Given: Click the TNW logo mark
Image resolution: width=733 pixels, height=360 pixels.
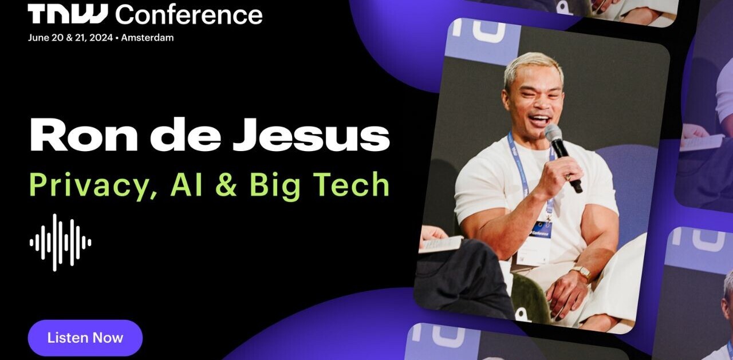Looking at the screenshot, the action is [x=68, y=14].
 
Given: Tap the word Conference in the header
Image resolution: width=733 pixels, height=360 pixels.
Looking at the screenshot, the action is [x=189, y=15].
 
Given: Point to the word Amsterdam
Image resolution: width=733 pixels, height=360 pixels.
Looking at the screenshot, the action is [x=147, y=38].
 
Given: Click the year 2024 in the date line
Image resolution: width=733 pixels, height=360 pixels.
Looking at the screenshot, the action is [x=101, y=38].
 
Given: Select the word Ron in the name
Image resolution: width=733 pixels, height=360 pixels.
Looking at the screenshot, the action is [x=84, y=134].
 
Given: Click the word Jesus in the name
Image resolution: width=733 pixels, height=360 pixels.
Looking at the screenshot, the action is [x=311, y=134].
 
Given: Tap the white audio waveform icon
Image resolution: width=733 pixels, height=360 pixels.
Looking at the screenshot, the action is [x=61, y=243].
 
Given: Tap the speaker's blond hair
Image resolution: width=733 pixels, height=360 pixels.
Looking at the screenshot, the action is [x=532, y=68].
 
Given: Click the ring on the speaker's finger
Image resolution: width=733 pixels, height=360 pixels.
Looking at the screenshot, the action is [x=568, y=177].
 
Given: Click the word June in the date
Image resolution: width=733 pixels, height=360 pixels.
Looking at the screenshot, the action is [x=38, y=38].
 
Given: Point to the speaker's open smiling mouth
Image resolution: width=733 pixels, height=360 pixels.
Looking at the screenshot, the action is [x=539, y=121].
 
